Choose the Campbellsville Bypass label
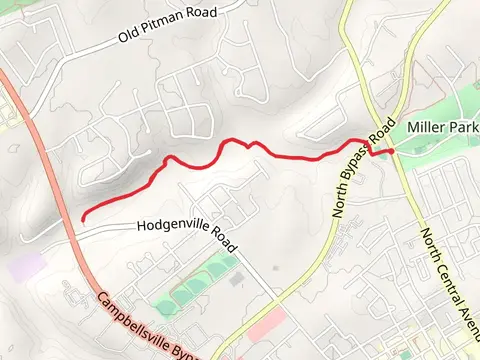pyautogui.click(x=150, y=325)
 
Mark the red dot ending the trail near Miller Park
pyautogui.click(x=391, y=150)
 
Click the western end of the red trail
pyautogui.click(x=82, y=218)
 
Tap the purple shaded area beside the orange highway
pyautogui.click(x=27, y=267)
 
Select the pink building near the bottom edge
pyautogui.click(x=263, y=325)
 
